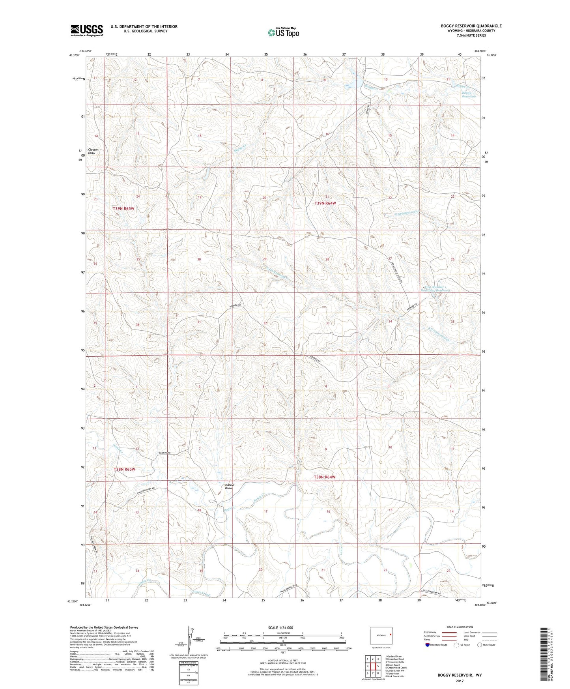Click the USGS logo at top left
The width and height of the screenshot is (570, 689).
[x=86, y=30]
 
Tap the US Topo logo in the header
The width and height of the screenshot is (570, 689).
[x=283, y=32]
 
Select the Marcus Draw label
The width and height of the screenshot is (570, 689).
[x=229, y=487]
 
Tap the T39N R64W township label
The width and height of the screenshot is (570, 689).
[x=325, y=203]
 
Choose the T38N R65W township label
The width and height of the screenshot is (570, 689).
[x=124, y=469]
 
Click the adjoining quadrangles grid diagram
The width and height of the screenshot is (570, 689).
[x=372, y=667]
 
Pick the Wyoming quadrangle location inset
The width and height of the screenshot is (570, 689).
[x=381, y=635]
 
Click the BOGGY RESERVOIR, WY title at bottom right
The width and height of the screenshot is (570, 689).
[x=459, y=675]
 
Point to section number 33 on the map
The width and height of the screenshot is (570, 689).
[x=327, y=323]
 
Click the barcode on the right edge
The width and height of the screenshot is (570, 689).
[x=544, y=653]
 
